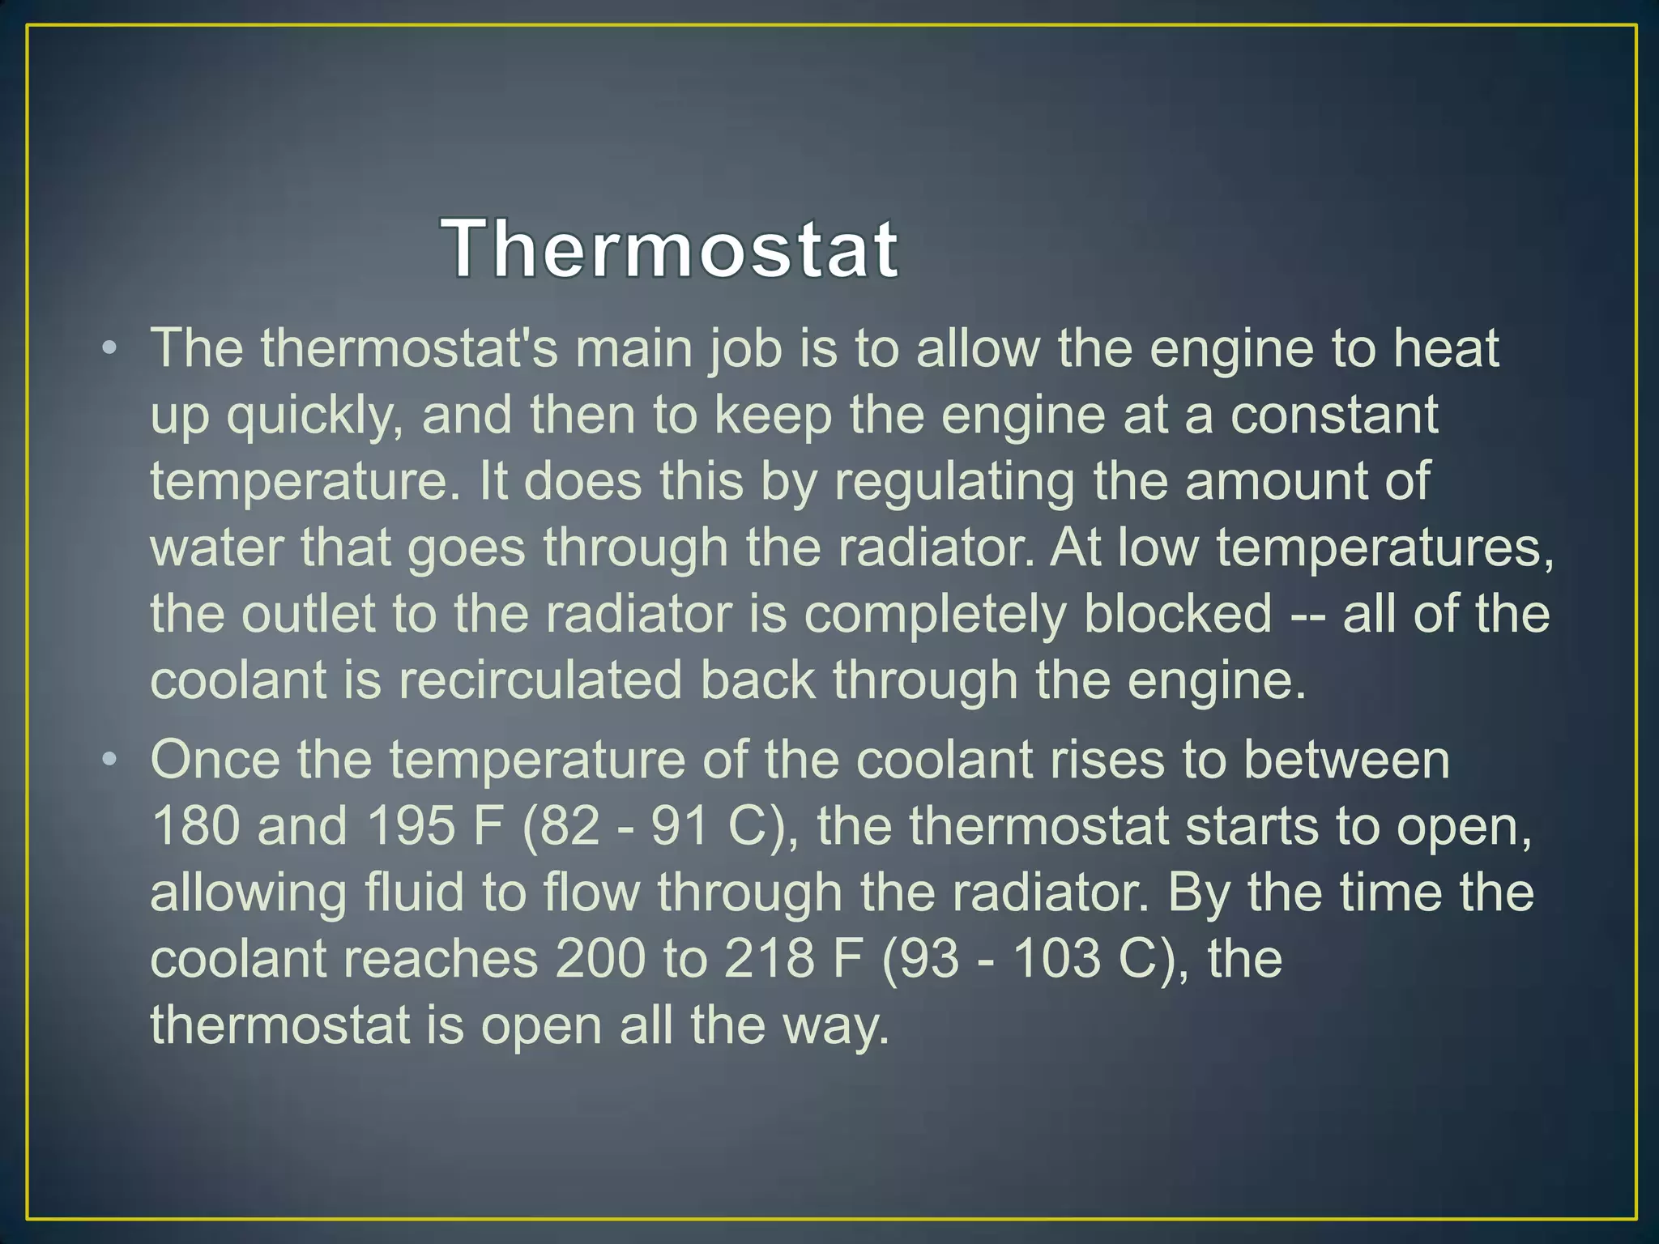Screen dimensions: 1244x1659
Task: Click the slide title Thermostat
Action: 670,249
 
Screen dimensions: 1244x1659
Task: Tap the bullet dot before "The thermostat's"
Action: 110,349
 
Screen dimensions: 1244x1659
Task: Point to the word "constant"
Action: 1333,415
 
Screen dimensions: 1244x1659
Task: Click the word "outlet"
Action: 308,613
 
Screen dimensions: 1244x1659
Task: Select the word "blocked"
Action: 1177,613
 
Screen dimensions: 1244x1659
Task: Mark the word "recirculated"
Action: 540,680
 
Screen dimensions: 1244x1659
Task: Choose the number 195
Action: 411,827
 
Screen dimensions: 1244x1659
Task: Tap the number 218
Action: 769,960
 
